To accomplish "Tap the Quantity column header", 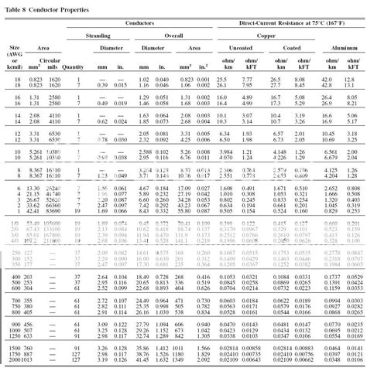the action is pos(74,68).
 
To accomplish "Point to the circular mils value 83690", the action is pos(45,189).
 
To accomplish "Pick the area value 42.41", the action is pos(22,189).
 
